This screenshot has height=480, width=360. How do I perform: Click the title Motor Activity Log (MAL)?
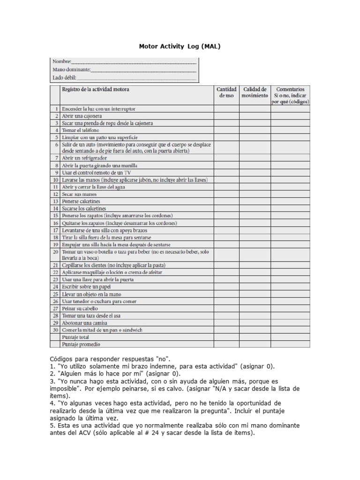(x=180, y=47)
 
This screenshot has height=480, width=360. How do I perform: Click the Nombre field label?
(x=61, y=61)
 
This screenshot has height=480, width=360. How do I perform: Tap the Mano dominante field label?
(x=70, y=69)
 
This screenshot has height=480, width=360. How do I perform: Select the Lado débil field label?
(x=64, y=77)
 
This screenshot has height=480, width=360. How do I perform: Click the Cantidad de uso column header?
(x=226, y=92)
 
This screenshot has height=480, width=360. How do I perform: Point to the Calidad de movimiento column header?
(x=255, y=92)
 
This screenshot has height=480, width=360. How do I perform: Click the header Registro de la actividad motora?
(x=96, y=89)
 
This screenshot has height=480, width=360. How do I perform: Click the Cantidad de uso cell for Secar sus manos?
(x=226, y=194)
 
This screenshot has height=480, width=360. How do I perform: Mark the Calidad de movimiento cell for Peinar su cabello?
(x=255, y=308)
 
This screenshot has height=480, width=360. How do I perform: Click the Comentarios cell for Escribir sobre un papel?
(x=290, y=287)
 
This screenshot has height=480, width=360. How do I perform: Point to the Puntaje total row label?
(x=75, y=337)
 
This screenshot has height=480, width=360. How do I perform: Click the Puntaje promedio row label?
(x=81, y=344)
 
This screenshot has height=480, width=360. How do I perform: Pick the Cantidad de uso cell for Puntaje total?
(x=226, y=337)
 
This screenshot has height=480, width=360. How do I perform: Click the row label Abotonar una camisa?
(x=84, y=323)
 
